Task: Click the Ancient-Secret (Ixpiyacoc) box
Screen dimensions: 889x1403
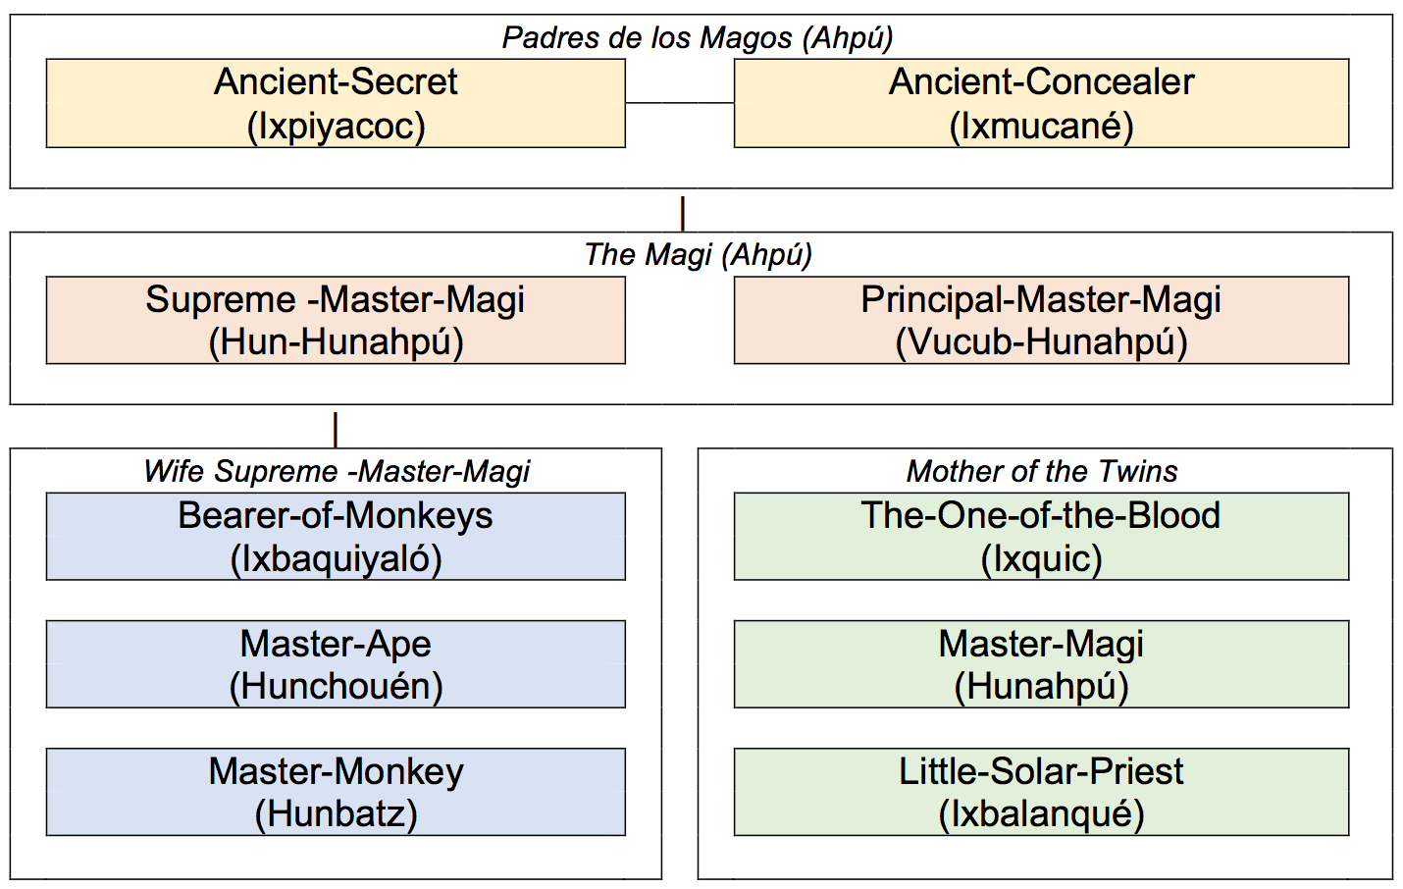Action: [336, 103]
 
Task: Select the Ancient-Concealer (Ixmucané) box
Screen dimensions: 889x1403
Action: [1041, 103]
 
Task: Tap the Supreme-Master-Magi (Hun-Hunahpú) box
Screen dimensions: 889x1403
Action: [336, 320]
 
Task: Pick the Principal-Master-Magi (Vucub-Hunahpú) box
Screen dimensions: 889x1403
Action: [1041, 320]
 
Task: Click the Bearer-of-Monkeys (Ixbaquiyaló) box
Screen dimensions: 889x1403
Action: [336, 537]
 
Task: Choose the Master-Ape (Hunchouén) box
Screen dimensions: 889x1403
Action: [336, 664]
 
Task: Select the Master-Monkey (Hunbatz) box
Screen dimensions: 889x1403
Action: [336, 792]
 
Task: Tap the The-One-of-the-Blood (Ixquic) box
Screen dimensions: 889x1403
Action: [1041, 537]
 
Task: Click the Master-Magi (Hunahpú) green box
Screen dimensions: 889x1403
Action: [1041, 664]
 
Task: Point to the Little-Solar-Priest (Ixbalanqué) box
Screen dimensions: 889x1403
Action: [1041, 792]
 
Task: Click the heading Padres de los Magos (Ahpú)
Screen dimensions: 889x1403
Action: [698, 37]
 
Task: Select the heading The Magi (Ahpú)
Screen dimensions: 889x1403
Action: [698, 254]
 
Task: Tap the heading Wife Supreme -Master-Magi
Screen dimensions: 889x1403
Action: [336, 471]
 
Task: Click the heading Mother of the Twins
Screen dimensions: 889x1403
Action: [1041, 471]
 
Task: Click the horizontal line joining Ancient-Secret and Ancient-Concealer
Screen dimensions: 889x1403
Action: [679, 102]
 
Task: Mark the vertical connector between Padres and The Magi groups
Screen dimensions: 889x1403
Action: [683, 213]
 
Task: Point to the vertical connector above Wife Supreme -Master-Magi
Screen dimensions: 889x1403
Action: [336, 429]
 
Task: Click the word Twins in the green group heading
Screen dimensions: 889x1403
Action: [1138, 471]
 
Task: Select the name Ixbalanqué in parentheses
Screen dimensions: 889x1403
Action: [1041, 814]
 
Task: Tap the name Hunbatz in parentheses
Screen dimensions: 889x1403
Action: [336, 814]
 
